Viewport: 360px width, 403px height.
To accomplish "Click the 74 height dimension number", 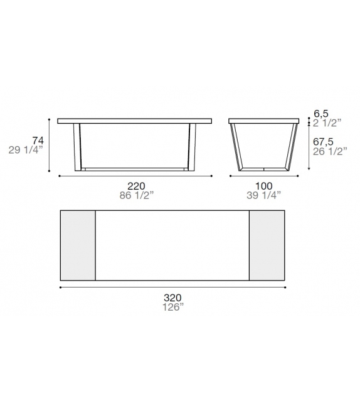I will (x=38, y=140).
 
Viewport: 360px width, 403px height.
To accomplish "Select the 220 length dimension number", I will (x=136, y=186).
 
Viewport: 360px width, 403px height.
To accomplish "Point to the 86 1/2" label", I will (x=136, y=195).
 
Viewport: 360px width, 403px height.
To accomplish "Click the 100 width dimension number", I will (x=262, y=186).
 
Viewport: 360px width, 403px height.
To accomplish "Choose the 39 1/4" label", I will (x=262, y=195).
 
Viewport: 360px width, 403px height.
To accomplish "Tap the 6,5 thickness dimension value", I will (x=322, y=114).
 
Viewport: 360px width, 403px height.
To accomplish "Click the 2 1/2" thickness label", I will (x=329, y=122).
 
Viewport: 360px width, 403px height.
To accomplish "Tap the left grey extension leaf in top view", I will (x=77, y=245).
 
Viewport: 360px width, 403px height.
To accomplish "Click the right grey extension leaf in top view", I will (x=267, y=245).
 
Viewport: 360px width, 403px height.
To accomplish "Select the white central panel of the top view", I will (x=172, y=245).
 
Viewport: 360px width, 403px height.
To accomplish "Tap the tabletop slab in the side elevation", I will (x=263, y=121).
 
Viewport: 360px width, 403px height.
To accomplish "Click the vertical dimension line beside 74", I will (x=50, y=144).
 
